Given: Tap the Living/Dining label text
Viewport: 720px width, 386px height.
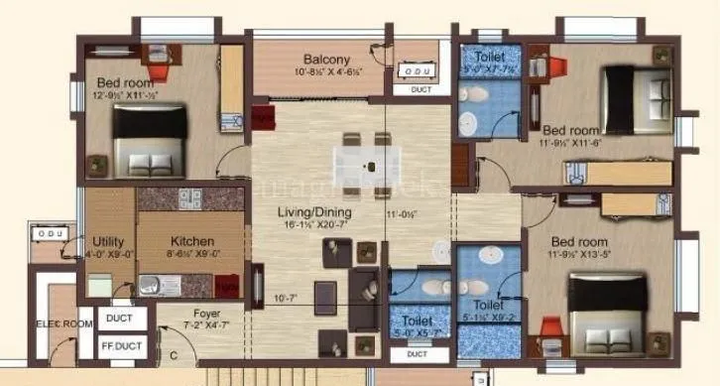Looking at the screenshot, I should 302,212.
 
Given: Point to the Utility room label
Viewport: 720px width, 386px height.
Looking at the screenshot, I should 108,241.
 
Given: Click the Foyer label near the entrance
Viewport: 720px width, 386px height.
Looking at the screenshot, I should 206,314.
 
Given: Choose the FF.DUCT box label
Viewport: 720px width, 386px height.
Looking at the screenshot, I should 123,347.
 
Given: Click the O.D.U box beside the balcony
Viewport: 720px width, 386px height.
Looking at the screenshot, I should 417,70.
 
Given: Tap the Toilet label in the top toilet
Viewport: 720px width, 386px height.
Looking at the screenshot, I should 492,56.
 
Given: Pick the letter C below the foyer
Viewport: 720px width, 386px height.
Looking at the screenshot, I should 175,355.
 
